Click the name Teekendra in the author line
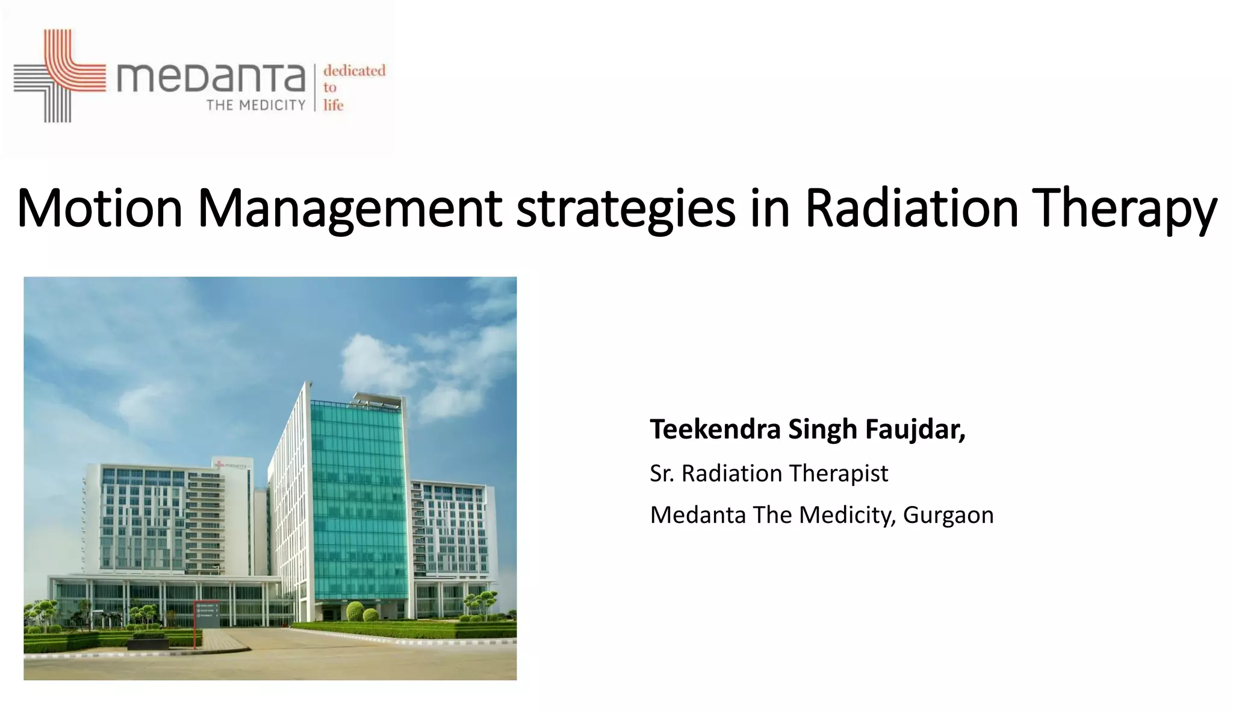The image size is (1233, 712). click(715, 429)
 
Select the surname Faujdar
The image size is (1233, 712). click(915, 429)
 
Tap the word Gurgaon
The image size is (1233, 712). click(948, 515)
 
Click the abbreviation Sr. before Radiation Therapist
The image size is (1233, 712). click(662, 473)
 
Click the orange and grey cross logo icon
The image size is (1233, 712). click(59, 76)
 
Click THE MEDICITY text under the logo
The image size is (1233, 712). click(256, 105)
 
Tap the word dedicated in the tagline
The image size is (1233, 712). click(354, 70)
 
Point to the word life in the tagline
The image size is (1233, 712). click(333, 105)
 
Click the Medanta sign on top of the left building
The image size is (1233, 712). click(232, 465)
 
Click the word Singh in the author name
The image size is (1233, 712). click(822, 429)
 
